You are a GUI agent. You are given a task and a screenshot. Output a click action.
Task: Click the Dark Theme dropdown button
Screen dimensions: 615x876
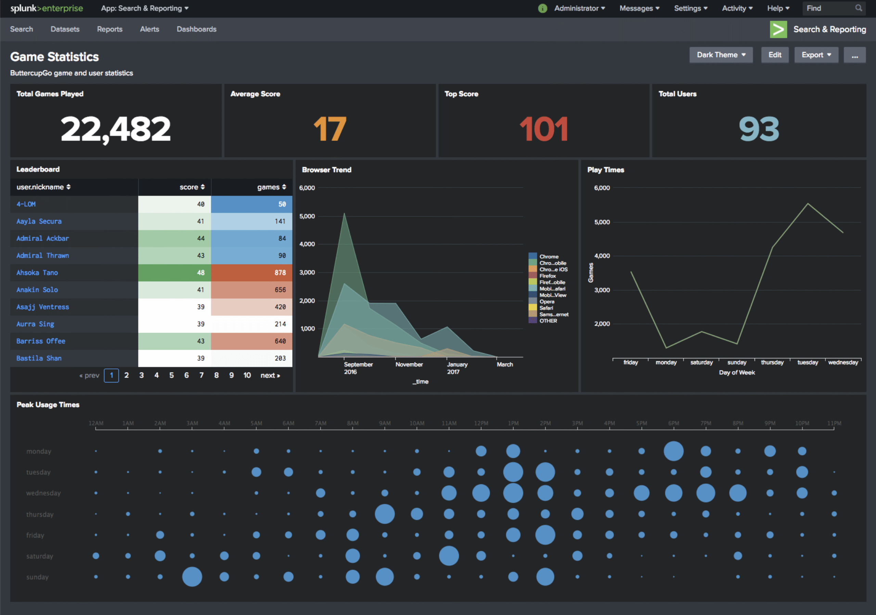point(720,55)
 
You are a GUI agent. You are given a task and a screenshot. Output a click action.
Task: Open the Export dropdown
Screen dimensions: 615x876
point(816,55)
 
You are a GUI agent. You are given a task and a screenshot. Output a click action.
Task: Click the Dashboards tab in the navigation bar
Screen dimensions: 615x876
point(196,29)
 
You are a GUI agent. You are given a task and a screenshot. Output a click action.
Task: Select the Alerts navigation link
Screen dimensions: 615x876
point(149,29)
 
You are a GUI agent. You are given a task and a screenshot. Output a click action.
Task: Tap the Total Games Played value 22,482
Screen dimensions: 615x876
point(115,129)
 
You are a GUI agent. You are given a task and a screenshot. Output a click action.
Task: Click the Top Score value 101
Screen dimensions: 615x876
point(543,129)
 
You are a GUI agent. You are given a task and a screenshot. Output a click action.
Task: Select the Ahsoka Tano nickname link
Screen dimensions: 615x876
point(37,272)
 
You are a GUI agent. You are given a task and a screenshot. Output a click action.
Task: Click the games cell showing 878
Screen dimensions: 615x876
point(252,272)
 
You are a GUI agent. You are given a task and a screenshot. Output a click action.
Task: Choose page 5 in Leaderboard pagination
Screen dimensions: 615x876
point(171,375)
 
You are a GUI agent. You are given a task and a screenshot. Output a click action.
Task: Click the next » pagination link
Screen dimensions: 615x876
point(270,375)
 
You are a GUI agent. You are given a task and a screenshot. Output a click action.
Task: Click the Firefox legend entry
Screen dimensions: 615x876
point(547,276)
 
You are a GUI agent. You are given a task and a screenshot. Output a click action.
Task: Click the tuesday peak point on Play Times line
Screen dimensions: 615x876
point(808,204)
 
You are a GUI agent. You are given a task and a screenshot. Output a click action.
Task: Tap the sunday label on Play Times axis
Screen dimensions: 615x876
point(736,362)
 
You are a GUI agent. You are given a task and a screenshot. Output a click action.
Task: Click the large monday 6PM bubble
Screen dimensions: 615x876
point(673,451)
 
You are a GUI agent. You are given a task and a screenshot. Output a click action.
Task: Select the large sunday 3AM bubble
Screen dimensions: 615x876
point(192,576)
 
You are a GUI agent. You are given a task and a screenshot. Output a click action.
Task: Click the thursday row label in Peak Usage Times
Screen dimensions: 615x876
point(40,514)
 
